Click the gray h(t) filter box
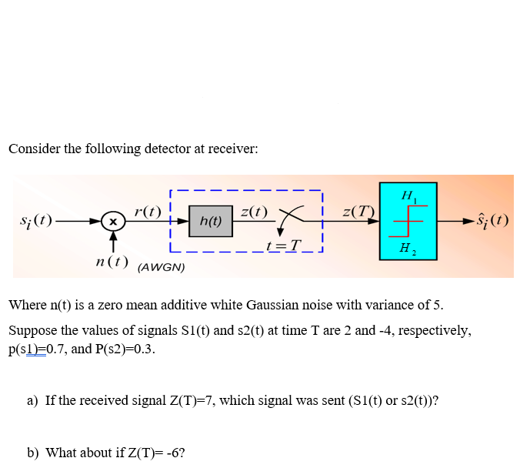(210, 220)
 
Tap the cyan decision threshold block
(408, 221)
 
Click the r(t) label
(147, 210)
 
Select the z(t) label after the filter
(253, 211)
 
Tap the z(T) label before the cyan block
(358, 211)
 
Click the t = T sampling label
(282, 246)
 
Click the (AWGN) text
(161, 268)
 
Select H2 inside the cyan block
(406, 248)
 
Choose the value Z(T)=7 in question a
(187, 400)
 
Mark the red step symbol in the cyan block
(408, 222)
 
